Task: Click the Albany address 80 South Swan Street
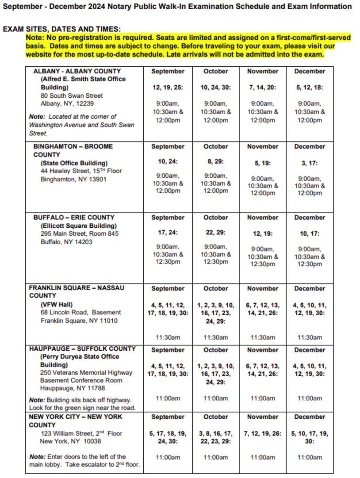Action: [72, 96]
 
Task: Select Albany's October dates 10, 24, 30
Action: [216, 88]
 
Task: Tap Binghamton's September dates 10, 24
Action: [168, 161]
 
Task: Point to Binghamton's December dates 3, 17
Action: [310, 163]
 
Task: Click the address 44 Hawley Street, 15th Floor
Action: [81, 171]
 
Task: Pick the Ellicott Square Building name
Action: [79, 226]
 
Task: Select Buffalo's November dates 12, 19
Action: [263, 233]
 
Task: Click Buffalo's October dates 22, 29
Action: [216, 232]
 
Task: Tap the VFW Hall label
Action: [57, 304]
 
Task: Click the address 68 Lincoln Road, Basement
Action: [80, 312]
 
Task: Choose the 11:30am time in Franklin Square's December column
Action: [310, 337]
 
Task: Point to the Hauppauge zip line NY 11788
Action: [73, 388]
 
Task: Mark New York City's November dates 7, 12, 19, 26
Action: [263, 433]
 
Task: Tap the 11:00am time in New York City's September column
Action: [168, 457]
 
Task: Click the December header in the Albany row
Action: [310, 71]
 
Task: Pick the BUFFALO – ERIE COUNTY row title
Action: [73, 218]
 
